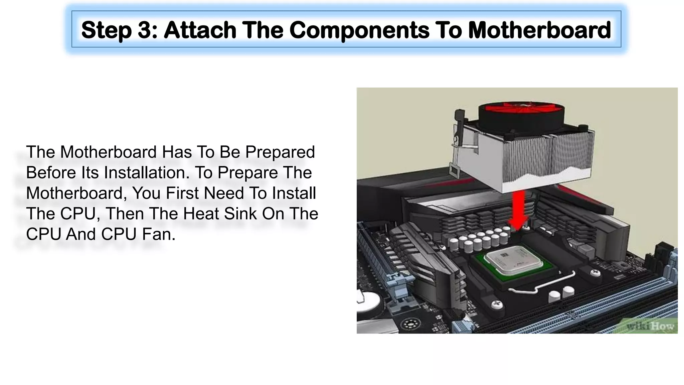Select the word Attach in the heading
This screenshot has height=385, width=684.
click(200, 30)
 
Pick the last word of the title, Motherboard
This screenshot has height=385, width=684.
click(539, 30)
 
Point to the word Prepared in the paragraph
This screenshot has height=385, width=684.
click(280, 152)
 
